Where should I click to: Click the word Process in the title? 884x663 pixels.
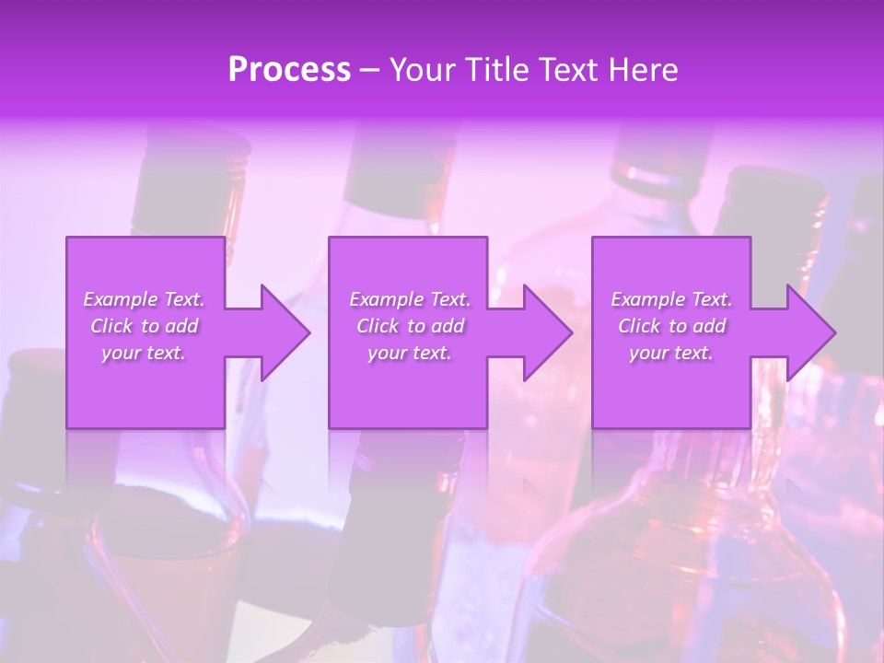(289, 70)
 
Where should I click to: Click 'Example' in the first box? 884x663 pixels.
(121, 299)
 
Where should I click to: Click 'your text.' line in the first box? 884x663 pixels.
(144, 353)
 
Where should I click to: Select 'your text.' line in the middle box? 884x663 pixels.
(409, 353)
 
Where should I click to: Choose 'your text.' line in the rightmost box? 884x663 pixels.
(671, 353)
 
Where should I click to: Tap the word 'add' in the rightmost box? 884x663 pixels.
(709, 326)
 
